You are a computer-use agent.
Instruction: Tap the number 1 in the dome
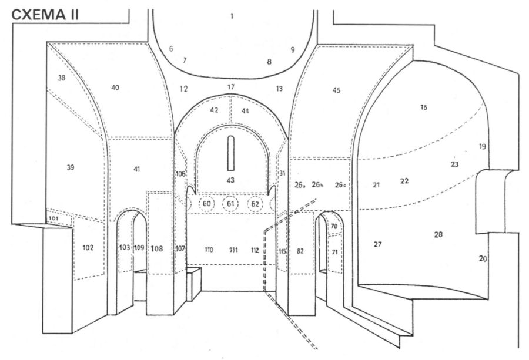232,16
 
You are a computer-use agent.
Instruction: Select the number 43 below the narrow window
230,180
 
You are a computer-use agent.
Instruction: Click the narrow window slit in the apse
231,153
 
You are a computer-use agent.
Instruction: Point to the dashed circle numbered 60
207,204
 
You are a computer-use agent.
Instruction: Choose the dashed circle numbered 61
231,204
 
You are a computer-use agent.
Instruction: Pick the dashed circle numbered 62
255,204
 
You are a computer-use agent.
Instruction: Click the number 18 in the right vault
423,107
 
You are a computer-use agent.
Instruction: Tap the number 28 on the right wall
438,234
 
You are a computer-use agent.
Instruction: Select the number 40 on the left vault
115,88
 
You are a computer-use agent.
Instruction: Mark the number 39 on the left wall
71,167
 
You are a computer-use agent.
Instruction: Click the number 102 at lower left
88,247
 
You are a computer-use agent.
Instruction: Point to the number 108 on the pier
156,248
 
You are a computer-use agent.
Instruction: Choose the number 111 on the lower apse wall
233,250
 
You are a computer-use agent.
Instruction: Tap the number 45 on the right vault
336,90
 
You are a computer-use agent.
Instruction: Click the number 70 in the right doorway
334,226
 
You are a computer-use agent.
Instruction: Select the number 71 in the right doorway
335,251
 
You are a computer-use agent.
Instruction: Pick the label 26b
318,185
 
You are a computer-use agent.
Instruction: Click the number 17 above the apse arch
231,87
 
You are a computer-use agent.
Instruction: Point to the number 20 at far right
483,258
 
